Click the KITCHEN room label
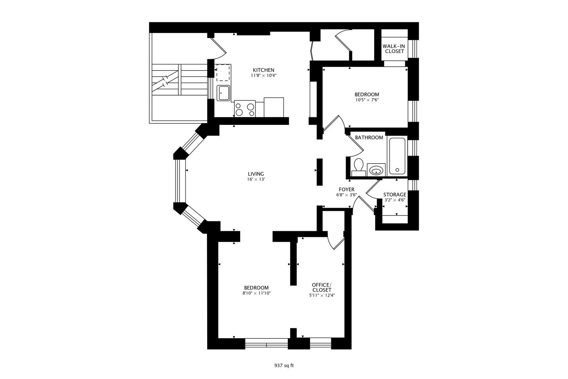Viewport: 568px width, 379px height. tap(263, 70)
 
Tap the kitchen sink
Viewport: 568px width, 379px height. tap(223, 93)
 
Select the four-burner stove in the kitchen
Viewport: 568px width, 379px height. tap(245, 109)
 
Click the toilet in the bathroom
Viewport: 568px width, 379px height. tap(358, 167)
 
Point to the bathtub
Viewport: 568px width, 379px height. tap(397, 156)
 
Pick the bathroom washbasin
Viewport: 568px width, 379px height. tap(376, 171)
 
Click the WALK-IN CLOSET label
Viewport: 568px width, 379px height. tap(394, 48)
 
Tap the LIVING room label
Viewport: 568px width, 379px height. tap(256, 174)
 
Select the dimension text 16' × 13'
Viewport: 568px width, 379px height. tap(256, 179)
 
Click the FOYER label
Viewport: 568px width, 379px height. tap(346, 189)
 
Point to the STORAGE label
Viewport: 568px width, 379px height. tap(394, 194)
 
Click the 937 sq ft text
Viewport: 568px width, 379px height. tap(284, 365)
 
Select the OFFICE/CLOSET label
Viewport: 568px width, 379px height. tap(322, 287)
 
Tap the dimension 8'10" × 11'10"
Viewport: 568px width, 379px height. tap(256, 293)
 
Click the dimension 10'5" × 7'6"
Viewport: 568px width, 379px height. tap(366, 100)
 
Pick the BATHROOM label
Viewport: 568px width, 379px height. tap(369, 138)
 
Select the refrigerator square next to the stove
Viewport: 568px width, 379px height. tap(274, 107)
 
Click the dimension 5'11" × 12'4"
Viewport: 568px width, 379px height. tap(322, 295)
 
